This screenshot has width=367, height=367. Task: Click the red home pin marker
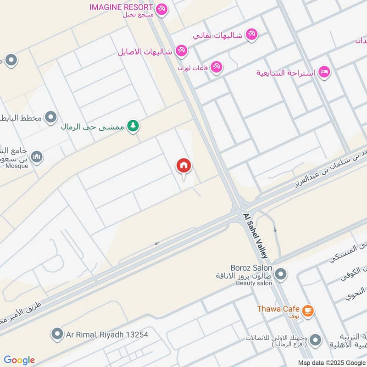(x=184, y=167)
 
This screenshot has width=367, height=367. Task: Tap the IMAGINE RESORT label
(x=121, y=7)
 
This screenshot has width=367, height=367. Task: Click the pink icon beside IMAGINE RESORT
(x=161, y=9)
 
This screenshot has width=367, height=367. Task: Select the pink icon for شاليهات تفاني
(x=251, y=34)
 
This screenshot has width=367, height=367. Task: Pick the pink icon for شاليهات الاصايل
(x=182, y=51)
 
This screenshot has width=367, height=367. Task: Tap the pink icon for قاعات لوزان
(x=217, y=67)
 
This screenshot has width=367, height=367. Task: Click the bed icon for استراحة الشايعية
(x=324, y=72)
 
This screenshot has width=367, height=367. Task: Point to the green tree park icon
(x=133, y=125)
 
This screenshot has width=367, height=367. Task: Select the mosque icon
(x=36, y=157)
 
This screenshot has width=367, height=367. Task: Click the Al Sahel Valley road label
(x=256, y=235)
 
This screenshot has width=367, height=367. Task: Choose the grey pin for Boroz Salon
(x=281, y=275)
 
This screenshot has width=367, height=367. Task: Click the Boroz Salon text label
(x=252, y=268)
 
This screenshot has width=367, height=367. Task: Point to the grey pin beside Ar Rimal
(x=57, y=334)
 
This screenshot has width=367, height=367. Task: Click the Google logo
(x=19, y=360)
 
